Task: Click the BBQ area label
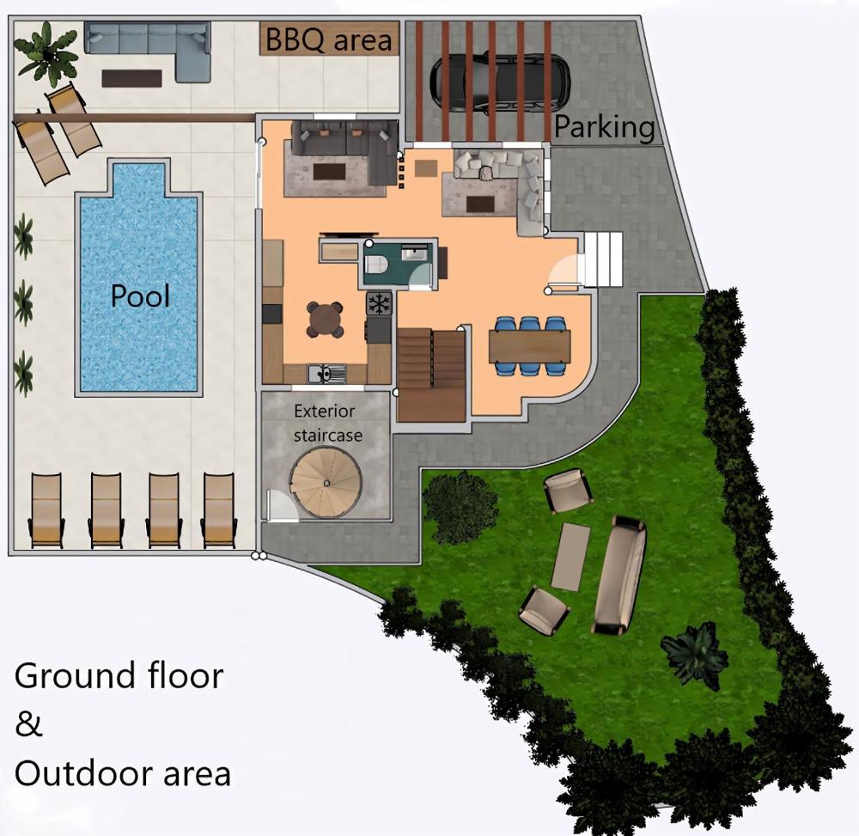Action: click(x=329, y=39)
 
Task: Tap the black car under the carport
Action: click(x=499, y=82)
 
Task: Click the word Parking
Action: click(x=604, y=127)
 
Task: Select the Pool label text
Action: click(x=140, y=296)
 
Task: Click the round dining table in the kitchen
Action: click(x=326, y=319)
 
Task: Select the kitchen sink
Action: click(x=327, y=373)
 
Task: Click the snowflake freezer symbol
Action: click(x=379, y=302)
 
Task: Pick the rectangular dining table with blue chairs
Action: click(x=529, y=346)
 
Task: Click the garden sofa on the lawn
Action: click(x=621, y=575)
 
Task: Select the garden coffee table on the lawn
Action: click(x=570, y=557)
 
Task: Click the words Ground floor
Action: click(x=119, y=675)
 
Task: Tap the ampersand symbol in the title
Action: click(x=29, y=724)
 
